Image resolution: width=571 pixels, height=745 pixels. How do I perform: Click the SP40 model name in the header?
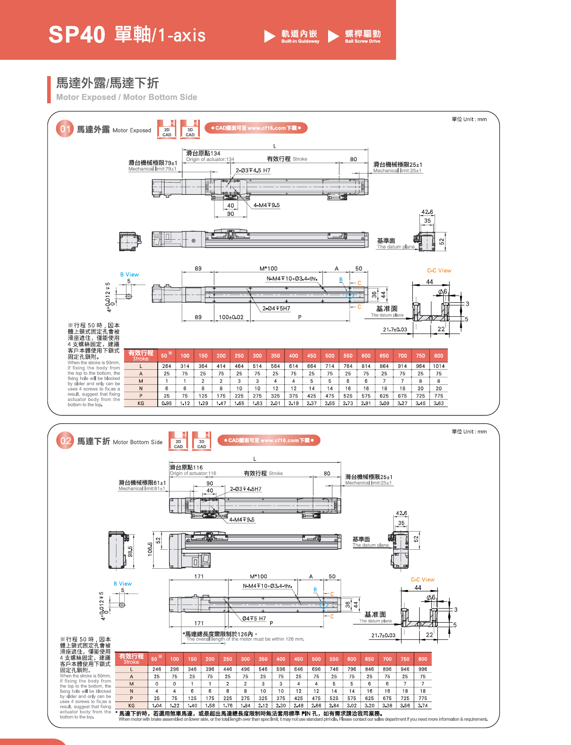77,34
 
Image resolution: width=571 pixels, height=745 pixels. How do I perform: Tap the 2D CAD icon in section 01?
167,129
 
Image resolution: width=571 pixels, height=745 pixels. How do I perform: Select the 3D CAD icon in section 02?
202,441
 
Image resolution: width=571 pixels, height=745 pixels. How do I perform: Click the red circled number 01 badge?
65,129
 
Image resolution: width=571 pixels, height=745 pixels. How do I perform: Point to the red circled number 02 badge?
65,440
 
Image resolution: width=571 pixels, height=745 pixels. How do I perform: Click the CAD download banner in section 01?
256,128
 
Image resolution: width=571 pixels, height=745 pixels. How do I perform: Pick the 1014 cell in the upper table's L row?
438,366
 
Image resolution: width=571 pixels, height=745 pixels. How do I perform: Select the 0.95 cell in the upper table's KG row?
167,403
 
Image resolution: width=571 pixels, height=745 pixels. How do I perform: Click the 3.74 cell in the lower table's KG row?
423,706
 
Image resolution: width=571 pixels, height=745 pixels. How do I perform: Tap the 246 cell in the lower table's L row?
157,669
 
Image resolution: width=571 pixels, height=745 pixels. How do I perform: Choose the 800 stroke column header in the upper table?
438,356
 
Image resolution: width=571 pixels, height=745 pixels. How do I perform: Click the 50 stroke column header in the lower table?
156,658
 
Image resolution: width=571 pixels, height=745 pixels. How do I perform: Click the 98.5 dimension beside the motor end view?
130,551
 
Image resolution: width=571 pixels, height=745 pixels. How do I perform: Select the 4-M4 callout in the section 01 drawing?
266,205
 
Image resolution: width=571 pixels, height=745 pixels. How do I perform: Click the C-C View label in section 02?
423,580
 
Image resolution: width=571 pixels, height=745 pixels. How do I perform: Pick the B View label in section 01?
129,274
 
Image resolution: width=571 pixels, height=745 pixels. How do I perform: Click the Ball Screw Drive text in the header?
362,41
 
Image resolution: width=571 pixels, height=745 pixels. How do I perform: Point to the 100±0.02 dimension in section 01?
231,317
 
